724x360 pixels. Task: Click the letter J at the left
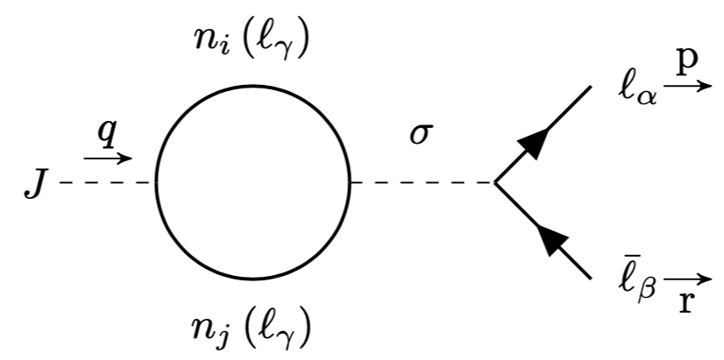tap(34, 186)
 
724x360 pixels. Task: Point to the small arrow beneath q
tap(107, 159)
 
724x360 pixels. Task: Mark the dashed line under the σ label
tap(422, 183)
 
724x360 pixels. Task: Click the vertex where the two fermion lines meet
tap(495, 183)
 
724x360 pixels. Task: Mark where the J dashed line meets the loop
tap(156, 183)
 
